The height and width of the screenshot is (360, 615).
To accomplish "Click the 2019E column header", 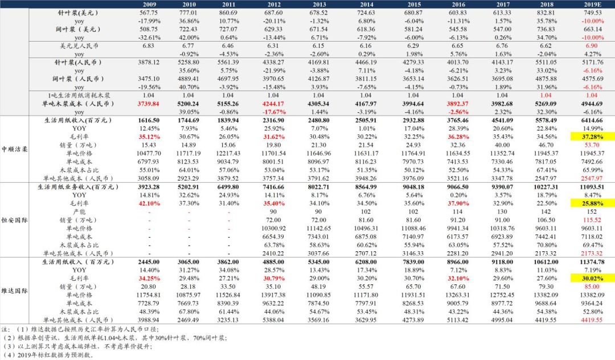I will (x=588, y=5).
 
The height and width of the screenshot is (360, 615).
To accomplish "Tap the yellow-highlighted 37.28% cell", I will (x=588, y=137).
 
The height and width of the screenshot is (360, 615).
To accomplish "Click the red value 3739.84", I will (x=147, y=104).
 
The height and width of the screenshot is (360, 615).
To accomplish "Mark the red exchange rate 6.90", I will (x=588, y=45).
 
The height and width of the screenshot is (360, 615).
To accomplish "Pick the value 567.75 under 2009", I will (x=147, y=12).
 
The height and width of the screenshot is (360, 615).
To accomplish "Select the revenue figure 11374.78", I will (x=588, y=261).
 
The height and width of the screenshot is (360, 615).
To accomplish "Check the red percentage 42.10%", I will (x=147, y=203).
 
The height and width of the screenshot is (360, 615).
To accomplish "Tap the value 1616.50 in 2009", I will (x=147, y=121).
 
